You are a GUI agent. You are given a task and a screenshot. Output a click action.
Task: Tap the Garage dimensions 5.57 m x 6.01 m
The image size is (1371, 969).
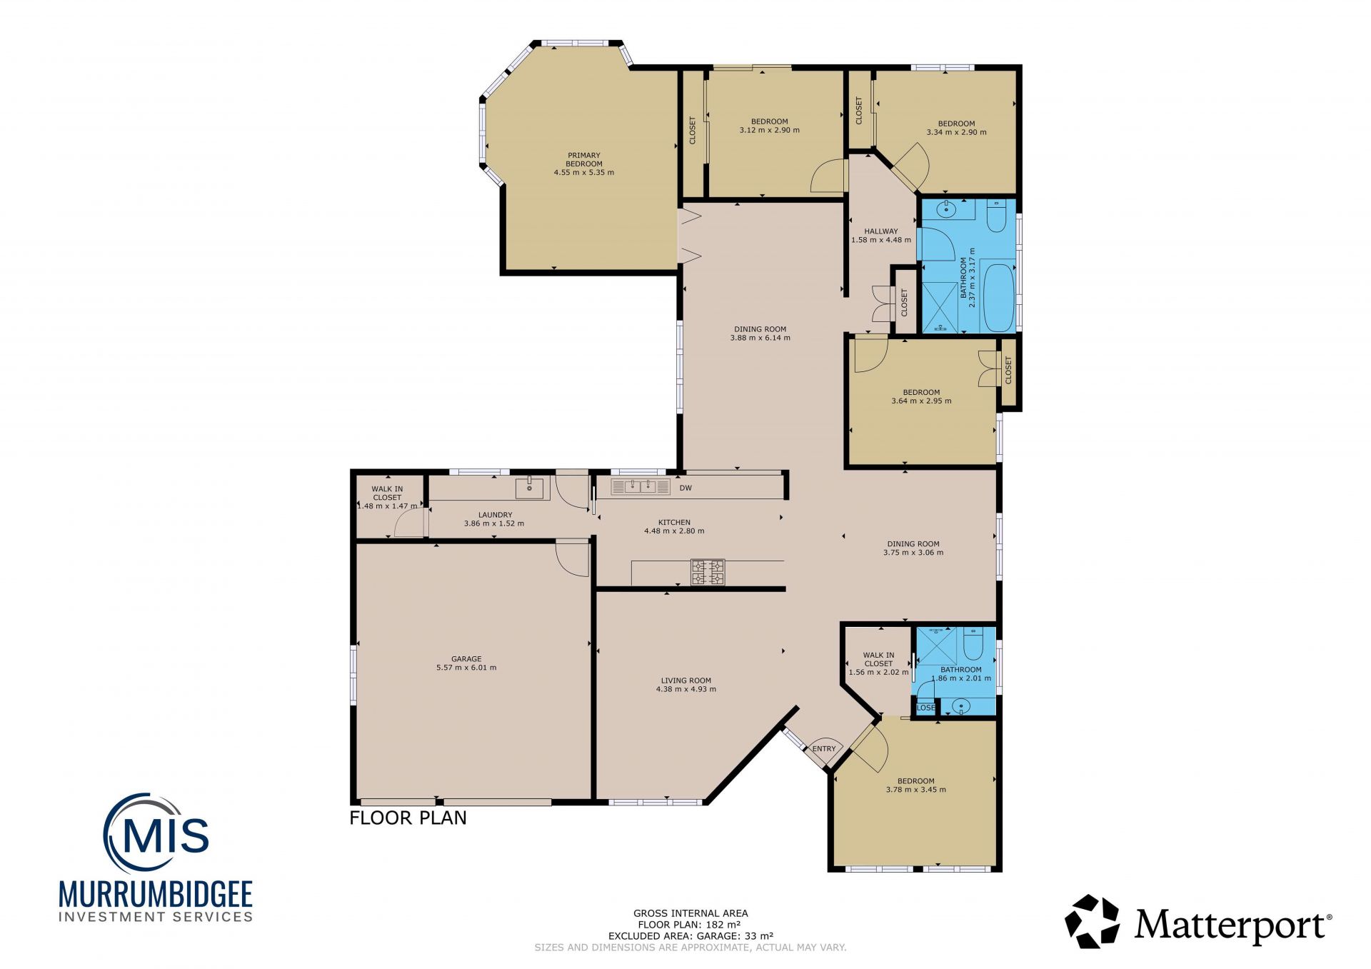point(466,668)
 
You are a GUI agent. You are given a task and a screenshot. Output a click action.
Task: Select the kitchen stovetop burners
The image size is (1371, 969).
point(708,572)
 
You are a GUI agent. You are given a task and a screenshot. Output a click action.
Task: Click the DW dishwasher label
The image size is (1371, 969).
point(685,488)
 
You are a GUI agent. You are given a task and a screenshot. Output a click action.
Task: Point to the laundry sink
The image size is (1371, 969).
point(529,489)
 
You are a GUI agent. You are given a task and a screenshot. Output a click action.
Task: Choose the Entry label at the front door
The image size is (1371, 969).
point(824,749)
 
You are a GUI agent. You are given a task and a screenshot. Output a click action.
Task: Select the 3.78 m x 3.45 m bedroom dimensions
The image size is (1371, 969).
point(916,790)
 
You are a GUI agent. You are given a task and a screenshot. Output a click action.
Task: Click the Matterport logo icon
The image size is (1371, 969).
point(1093,922)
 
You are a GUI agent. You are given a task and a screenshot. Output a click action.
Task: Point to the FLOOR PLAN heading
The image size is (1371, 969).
point(408,818)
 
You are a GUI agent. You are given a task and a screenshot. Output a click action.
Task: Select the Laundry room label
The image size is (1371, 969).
point(495,515)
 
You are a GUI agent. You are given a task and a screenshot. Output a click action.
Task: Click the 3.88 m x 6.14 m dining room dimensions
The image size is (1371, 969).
point(760,338)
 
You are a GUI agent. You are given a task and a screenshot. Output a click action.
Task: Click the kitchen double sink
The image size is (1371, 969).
point(641,487)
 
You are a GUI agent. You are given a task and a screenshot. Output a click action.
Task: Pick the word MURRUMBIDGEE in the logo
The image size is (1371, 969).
point(156,895)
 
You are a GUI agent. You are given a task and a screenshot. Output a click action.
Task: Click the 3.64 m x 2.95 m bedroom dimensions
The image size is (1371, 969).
point(922,401)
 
